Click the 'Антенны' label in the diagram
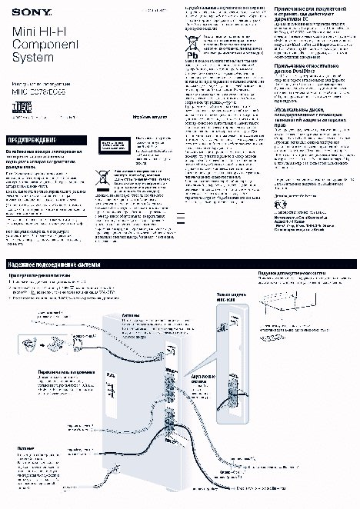click(132, 315)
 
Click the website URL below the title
click(150, 118)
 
